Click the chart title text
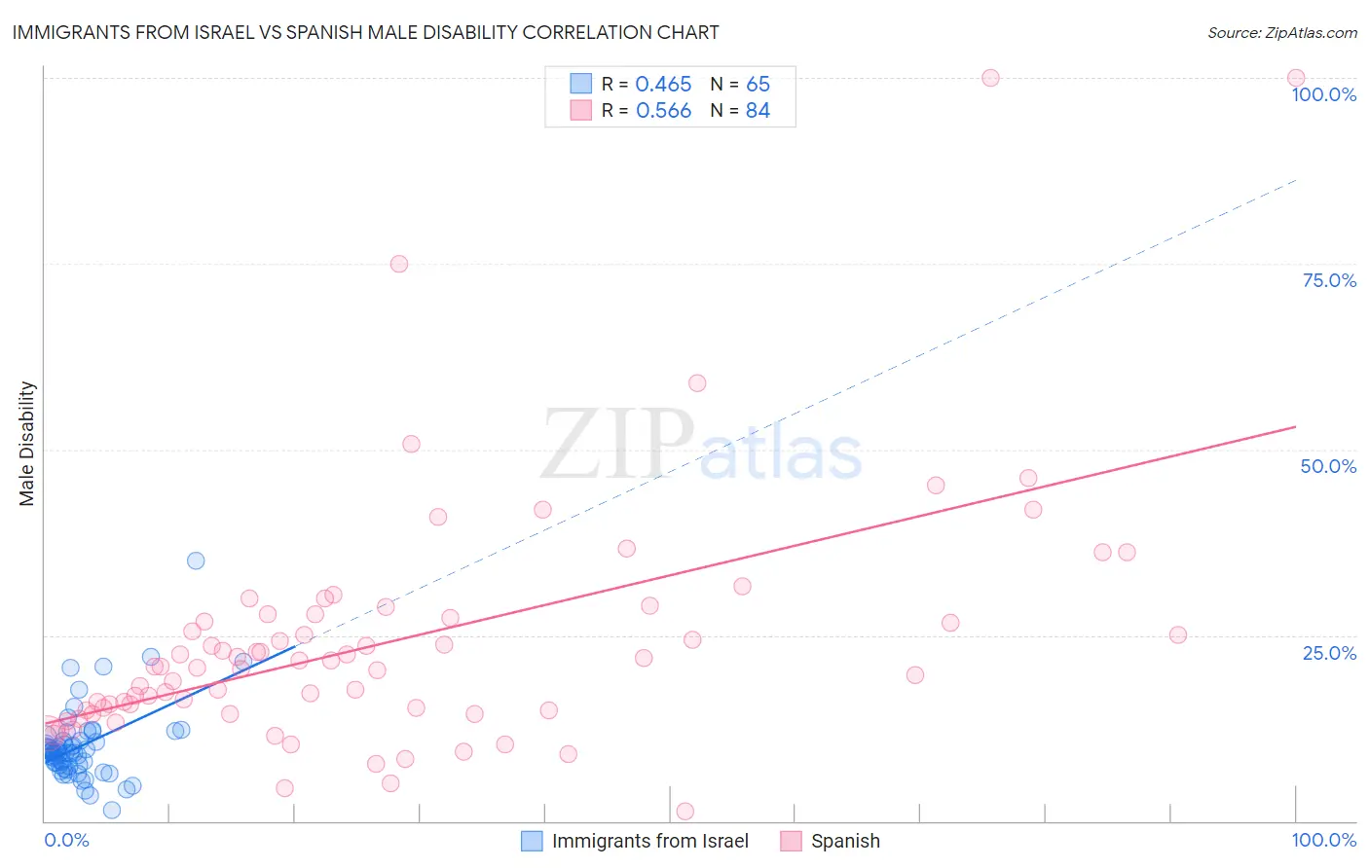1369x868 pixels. [x=366, y=32]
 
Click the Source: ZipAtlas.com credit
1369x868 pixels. [x=1281, y=32]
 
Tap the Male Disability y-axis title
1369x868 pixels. [x=26, y=443]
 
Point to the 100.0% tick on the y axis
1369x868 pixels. [x=1323, y=94]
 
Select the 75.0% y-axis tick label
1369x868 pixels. [x=1329, y=280]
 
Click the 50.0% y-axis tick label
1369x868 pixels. [x=1328, y=466]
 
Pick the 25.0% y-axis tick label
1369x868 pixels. [x=1329, y=652]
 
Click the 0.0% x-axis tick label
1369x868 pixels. [x=66, y=840]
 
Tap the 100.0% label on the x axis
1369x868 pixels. [x=1323, y=840]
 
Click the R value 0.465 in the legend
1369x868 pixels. [x=663, y=85]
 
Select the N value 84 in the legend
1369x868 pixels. [x=758, y=111]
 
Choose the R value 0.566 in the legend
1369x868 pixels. [x=663, y=111]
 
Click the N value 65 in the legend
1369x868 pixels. [x=758, y=85]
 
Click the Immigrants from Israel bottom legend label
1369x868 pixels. [x=649, y=841]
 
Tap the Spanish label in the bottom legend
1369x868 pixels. [x=845, y=841]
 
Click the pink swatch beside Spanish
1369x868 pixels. [x=791, y=841]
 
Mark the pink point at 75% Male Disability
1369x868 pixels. [x=398, y=264]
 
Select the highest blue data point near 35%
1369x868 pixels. [x=196, y=561]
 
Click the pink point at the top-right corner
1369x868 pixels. [x=1296, y=78]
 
